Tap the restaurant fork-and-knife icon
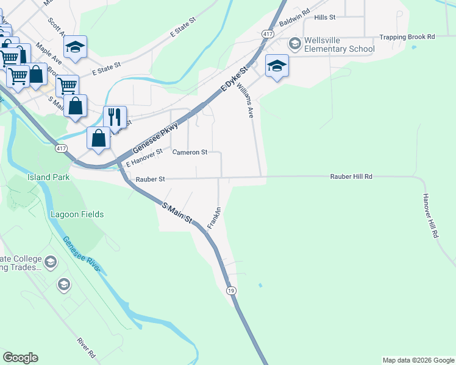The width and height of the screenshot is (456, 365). pyautogui.click(x=115, y=116)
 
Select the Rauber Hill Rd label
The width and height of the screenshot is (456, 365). pyautogui.click(x=351, y=176)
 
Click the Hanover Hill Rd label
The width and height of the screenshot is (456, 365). pyautogui.click(x=430, y=215)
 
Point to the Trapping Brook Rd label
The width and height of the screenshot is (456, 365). pyautogui.click(x=407, y=37)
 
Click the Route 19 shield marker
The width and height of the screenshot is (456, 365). pyautogui.click(x=231, y=291)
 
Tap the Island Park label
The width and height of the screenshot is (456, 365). pyautogui.click(x=48, y=177)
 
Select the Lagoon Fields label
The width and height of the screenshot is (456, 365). pyautogui.click(x=77, y=214)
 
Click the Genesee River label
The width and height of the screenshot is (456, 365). pyautogui.click(x=82, y=256)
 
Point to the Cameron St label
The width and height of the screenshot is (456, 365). pyautogui.click(x=190, y=152)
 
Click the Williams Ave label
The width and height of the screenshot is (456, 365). pyautogui.click(x=245, y=100)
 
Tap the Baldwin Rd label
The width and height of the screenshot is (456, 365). pyautogui.click(x=294, y=21)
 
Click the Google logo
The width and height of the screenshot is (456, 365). pyautogui.click(x=20, y=358)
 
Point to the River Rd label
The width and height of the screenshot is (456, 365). pyautogui.click(x=87, y=348)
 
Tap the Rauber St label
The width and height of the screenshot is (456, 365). pyautogui.click(x=151, y=179)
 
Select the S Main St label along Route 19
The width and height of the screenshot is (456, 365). pyautogui.click(x=177, y=213)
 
